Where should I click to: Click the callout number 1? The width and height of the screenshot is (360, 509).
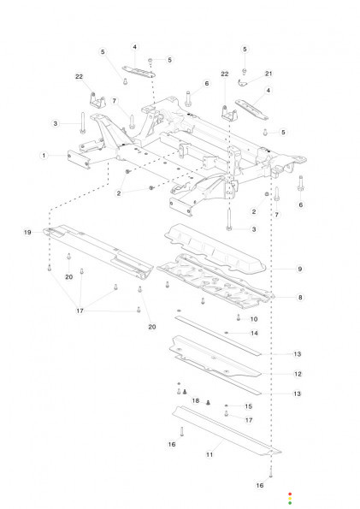pyautogui.click(x=44, y=156)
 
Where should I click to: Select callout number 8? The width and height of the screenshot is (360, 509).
pyautogui.click(x=300, y=297)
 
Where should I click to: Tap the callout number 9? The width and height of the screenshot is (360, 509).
pyautogui.click(x=300, y=269)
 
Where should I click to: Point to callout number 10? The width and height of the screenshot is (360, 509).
pyautogui.click(x=254, y=319)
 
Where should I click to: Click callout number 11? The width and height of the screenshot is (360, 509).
pyautogui.click(x=210, y=454)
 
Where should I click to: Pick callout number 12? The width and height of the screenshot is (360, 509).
pyautogui.click(x=298, y=374)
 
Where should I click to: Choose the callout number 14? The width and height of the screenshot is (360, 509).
pyautogui.click(x=254, y=333)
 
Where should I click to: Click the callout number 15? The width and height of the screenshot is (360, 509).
pyautogui.click(x=248, y=406)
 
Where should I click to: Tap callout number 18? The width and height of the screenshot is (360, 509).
pyautogui.click(x=196, y=400)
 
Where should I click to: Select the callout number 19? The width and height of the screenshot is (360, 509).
pyautogui.click(x=27, y=232)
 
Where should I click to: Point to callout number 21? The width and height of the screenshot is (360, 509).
pyautogui.click(x=269, y=74)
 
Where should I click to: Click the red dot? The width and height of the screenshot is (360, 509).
pyautogui.click(x=290, y=494)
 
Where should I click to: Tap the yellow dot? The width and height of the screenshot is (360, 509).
pyautogui.click(x=290, y=499)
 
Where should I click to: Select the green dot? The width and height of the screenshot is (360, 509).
pyautogui.click(x=290, y=503)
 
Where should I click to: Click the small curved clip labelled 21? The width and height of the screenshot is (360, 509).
pyautogui.click(x=242, y=84)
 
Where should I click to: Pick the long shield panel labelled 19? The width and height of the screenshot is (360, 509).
pyautogui.click(x=97, y=250)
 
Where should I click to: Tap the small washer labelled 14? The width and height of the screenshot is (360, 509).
pyautogui.click(x=227, y=333)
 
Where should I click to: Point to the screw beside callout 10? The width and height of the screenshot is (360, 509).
pyautogui.click(x=239, y=317)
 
